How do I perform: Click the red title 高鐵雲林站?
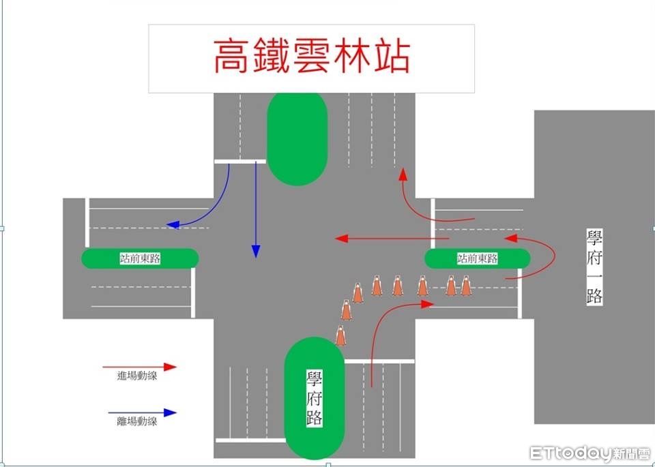click(311, 57)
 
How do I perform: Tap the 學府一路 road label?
click(594, 267)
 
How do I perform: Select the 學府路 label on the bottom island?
click(314, 399)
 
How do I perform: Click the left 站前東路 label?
click(140, 258)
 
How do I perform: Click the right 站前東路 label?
click(477, 258)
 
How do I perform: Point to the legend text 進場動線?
click(136, 376)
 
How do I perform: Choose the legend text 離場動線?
click(136, 421)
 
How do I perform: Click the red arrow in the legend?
click(140, 367)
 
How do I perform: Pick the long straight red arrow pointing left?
click(392, 239)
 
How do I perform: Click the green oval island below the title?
click(297, 138)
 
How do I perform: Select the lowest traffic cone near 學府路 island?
click(340, 335)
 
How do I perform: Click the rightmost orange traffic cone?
click(466, 286)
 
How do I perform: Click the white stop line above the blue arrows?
click(239, 161)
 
